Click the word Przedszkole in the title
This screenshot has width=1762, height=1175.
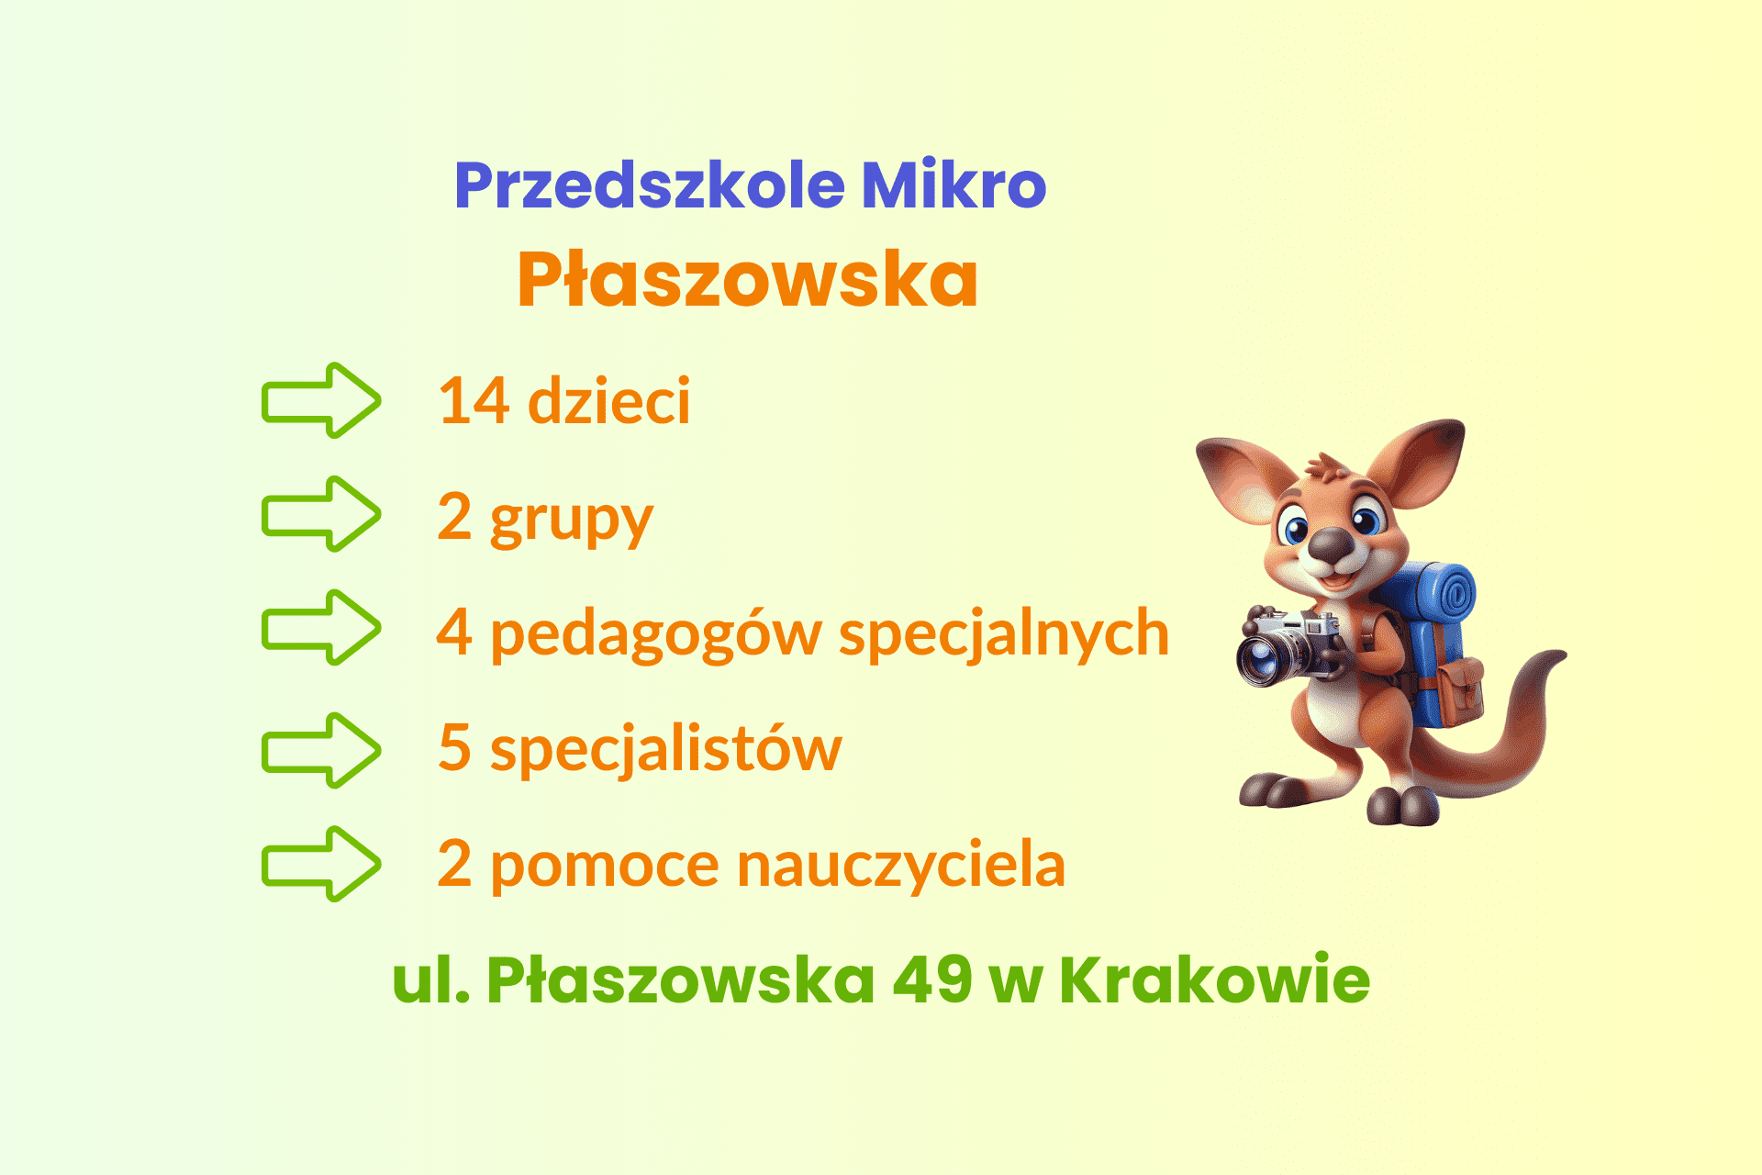(649, 186)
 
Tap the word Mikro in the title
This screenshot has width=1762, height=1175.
(954, 185)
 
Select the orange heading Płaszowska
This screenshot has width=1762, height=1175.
(748, 279)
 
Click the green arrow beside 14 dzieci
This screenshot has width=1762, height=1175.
(321, 400)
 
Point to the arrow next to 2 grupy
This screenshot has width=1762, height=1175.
(321, 514)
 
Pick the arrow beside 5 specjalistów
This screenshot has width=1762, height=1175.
(321, 751)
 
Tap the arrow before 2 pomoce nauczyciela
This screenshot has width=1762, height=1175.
(321, 864)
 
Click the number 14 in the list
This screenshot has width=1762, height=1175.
(474, 401)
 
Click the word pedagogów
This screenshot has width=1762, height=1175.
(656, 635)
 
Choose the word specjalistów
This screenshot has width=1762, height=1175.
(666, 749)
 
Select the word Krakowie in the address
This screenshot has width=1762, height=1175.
(1215, 979)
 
